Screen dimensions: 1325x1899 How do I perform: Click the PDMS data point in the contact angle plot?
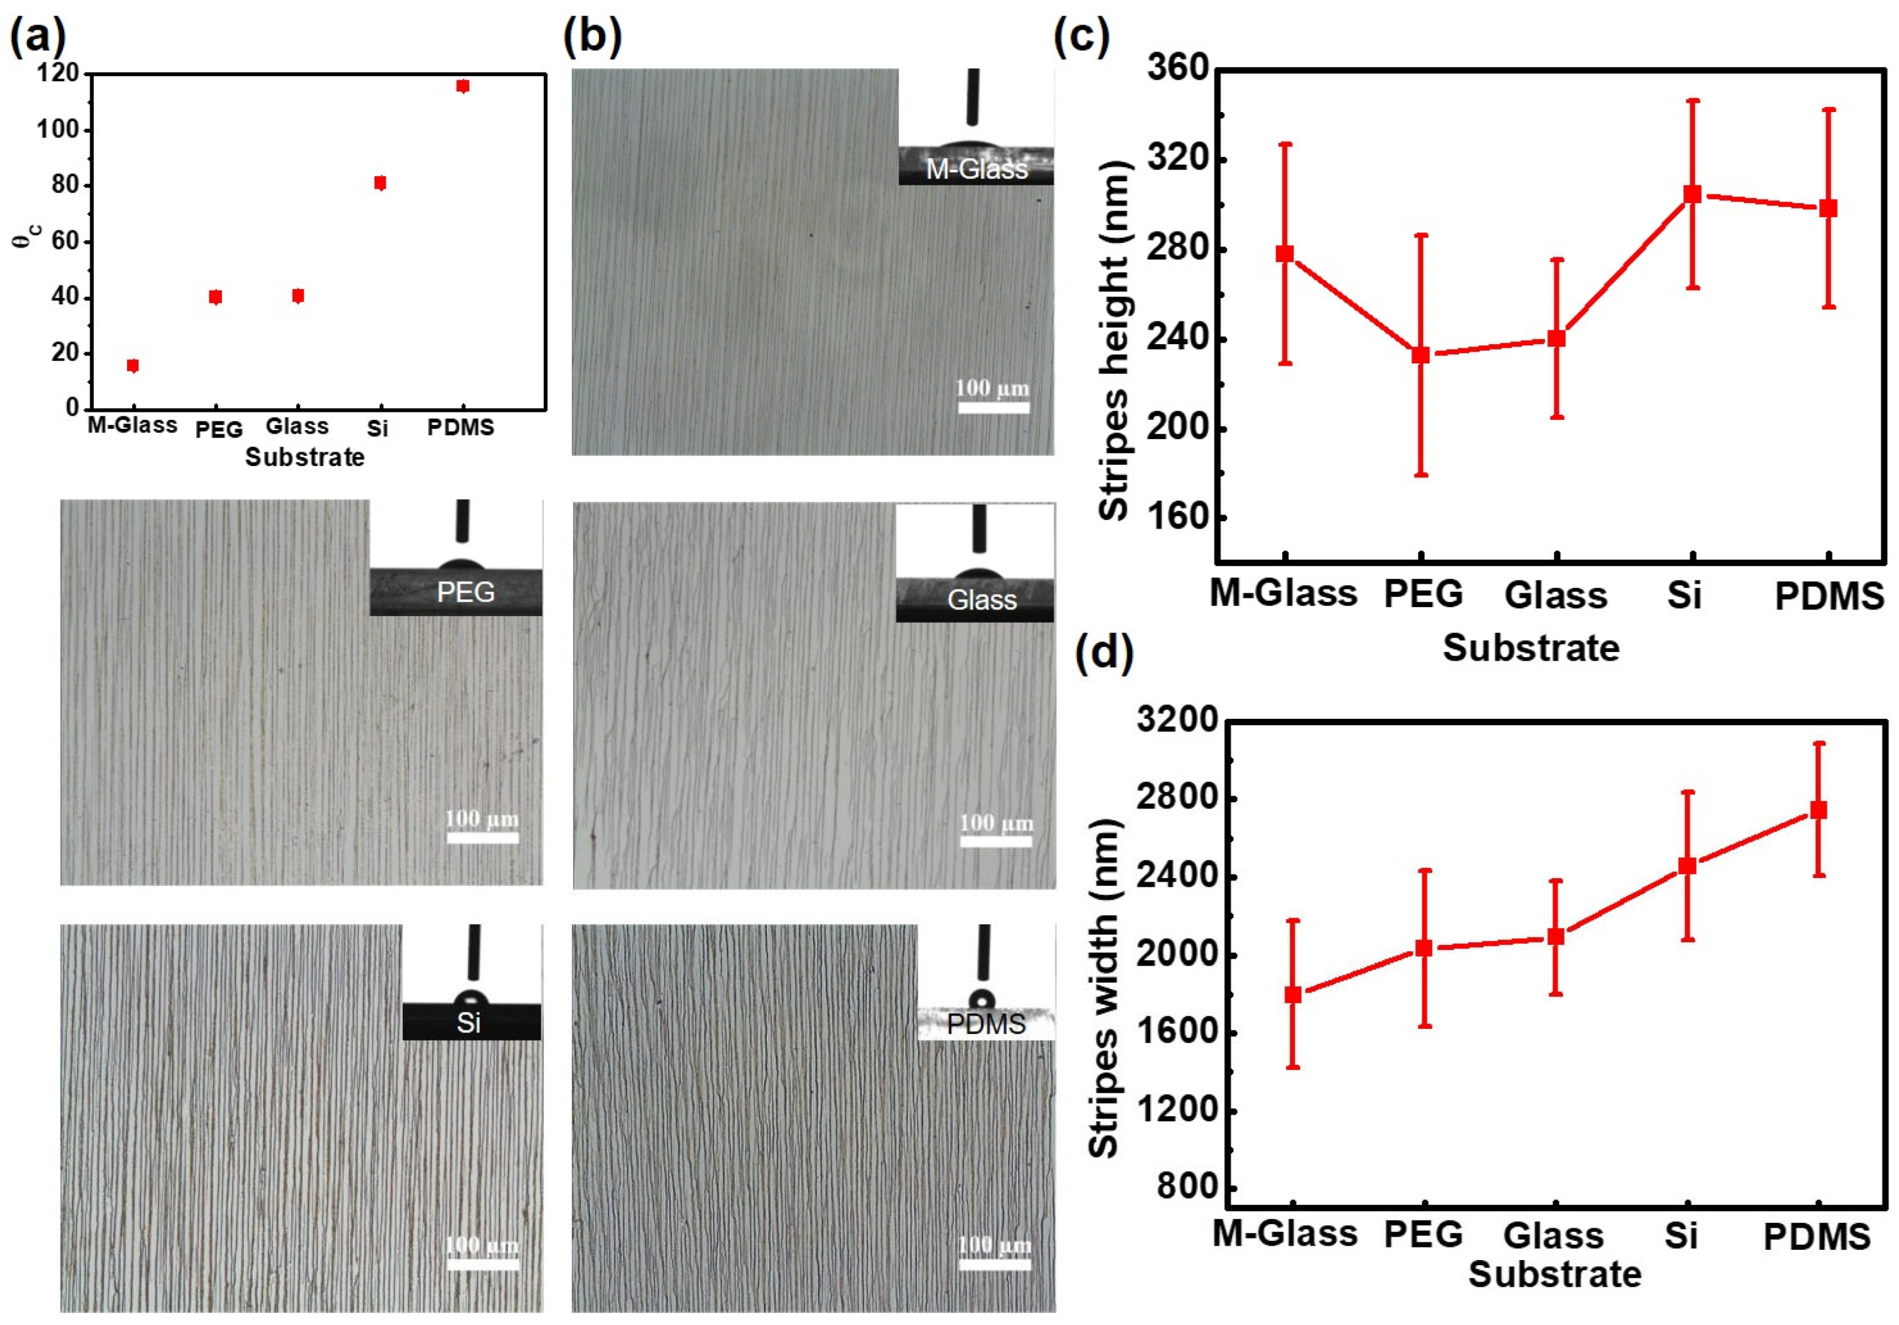point(463,86)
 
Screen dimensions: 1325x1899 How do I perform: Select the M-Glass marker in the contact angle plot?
point(132,366)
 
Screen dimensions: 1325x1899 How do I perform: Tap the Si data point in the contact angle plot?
point(380,183)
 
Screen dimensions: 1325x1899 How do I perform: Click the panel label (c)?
point(1082,37)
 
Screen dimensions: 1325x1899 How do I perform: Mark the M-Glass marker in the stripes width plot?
point(1293,994)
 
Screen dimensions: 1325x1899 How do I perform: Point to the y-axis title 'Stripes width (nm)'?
point(1103,988)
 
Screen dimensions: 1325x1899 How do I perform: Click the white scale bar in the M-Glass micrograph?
point(993,407)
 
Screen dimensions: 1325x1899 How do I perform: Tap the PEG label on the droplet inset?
point(466,592)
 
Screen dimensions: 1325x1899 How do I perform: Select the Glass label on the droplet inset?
point(982,600)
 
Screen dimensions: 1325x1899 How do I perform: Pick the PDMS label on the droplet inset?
point(986,1024)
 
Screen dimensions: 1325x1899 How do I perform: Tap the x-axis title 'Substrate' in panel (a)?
point(304,457)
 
